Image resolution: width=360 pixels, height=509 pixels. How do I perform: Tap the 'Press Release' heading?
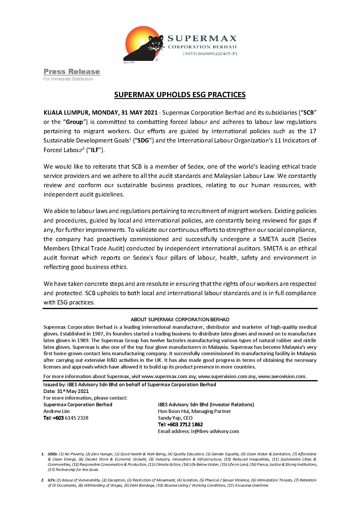(72, 72)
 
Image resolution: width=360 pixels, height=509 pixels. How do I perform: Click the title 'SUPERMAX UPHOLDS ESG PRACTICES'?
(180, 95)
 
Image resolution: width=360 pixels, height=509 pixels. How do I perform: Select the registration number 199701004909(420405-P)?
(209, 53)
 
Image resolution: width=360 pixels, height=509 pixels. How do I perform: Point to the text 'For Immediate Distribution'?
(68, 79)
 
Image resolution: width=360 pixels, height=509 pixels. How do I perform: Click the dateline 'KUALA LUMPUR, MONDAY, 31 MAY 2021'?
(100, 113)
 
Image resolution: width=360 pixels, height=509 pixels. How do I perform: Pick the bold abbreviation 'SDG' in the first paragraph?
(143, 140)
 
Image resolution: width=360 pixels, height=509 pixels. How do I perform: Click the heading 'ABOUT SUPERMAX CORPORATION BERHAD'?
(180, 320)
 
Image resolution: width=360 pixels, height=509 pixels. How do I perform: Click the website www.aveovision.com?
(282, 376)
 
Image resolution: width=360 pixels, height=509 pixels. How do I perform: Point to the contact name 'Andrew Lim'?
(57, 411)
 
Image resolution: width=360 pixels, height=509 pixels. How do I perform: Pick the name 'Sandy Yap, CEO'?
(175, 418)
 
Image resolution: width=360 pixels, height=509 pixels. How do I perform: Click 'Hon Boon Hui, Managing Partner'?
(194, 411)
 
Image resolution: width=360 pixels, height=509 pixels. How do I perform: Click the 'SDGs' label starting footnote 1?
(53, 454)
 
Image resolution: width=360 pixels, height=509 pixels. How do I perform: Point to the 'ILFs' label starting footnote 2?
(52, 480)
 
